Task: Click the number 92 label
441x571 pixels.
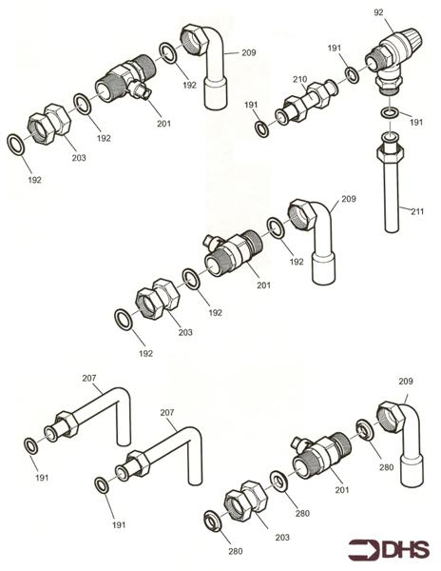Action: coord(380,13)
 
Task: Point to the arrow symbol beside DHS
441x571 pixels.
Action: coord(361,550)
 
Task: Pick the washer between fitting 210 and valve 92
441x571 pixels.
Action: coord(352,74)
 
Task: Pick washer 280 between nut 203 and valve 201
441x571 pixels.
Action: coord(278,479)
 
